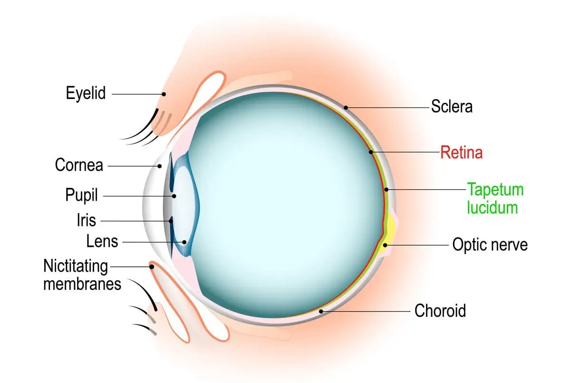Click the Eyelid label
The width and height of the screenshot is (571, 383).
[x=86, y=93]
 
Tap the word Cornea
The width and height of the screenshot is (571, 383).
[x=79, y=165]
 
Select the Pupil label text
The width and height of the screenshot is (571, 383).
[x=81, y=195]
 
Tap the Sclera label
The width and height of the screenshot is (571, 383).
[x=452, y=106]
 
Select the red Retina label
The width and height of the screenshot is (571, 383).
[x=461, y=153]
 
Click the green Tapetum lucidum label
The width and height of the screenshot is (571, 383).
[x=495, y=198]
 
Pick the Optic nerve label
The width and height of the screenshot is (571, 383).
[x=490, y=245]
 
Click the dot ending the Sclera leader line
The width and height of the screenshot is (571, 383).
[x=347, y=107]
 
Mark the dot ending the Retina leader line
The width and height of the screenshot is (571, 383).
[x=371, y=152]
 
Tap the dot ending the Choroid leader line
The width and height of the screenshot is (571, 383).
[x=322, y=312]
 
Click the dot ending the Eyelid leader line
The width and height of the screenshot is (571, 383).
[x=163, y=94]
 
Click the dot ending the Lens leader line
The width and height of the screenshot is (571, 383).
[x=185, y=242]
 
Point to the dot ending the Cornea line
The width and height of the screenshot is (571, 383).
[x=160, y=166]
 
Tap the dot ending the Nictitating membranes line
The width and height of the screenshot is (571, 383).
[x=152, y=266]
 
